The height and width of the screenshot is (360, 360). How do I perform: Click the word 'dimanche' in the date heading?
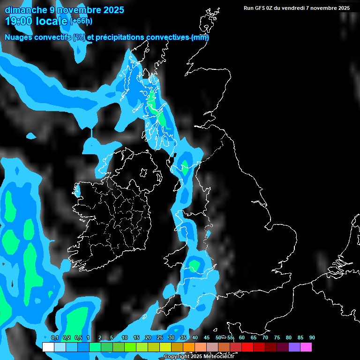(24, 10)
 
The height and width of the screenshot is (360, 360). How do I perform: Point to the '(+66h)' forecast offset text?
(81, 21)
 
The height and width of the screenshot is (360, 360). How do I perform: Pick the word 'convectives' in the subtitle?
(168, 37)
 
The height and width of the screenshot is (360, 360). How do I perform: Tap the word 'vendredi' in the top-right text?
(298, 8)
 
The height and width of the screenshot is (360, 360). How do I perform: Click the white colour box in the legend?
(48, 347)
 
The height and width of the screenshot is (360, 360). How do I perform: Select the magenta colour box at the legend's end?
(306, 347)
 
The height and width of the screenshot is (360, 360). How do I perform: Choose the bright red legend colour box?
(247, 347)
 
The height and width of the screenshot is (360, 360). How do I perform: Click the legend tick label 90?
(312, 338)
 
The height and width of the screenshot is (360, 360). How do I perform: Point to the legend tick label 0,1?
(54, 338)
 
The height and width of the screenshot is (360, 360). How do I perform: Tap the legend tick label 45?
(207, 338)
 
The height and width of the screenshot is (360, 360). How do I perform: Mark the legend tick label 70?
(265, 338)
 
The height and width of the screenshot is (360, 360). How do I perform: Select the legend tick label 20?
(148, 338)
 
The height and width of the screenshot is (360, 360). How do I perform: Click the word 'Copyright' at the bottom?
(176, 357)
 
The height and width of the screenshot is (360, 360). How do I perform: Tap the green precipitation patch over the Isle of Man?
(185, 167)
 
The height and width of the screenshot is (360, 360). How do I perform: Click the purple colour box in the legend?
(294, 347)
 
